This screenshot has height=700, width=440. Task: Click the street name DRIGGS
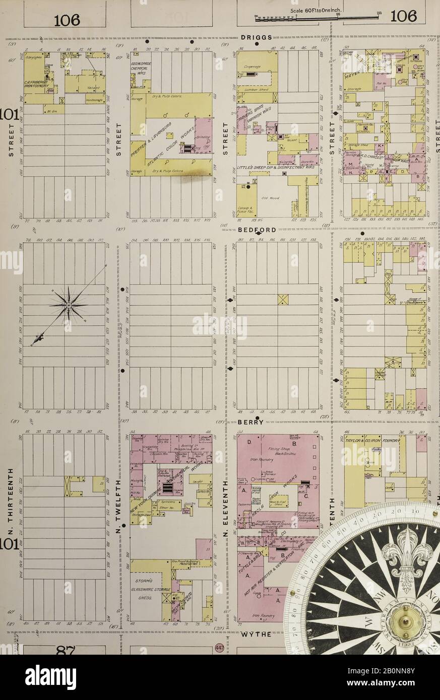[x=256, y=37]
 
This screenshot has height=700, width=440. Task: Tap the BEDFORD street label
[x=257, y=230]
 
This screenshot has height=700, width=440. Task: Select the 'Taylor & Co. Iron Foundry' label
[x=373, y=441]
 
